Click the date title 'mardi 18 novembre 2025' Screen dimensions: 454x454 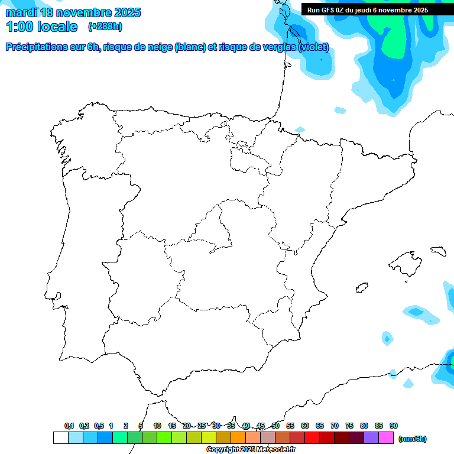73,12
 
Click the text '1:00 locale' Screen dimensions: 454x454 41,27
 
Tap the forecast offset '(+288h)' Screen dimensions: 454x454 105,27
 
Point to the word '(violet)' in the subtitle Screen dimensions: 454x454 313,47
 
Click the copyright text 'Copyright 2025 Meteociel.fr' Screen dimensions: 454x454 251,449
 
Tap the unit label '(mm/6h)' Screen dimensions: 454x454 412,439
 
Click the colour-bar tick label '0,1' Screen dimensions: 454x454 69,426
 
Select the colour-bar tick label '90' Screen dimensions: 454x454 394,426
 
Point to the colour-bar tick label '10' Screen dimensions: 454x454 157,426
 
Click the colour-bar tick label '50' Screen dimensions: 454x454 275,426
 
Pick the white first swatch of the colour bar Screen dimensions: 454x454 60,438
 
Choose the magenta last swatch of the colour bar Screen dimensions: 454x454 386,438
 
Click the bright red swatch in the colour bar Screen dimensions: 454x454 312,438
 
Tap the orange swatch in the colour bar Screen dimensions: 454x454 238,438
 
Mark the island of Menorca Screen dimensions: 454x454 438,251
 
